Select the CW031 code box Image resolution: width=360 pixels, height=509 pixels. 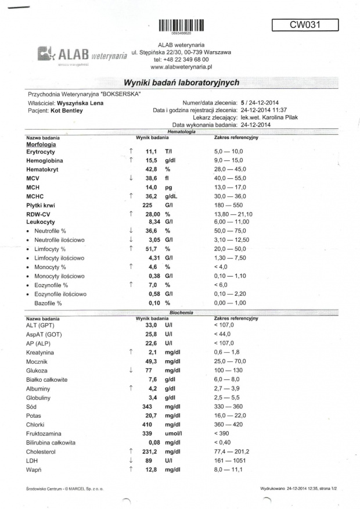(305, 24)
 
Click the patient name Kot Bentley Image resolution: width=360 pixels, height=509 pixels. (66, 110)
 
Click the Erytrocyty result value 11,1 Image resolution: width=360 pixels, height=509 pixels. (153, 151)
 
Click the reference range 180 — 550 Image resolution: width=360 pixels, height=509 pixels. (231, 205)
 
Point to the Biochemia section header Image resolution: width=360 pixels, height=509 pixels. (180, 312)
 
